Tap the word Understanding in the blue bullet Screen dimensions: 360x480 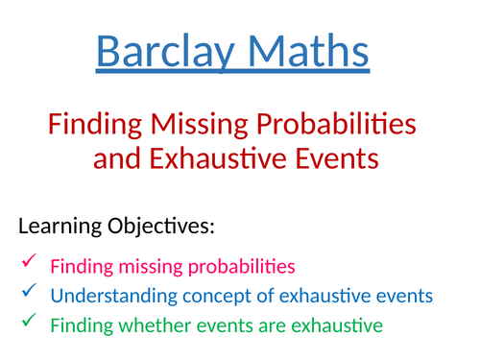[x=107, y=296]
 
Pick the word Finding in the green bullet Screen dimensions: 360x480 [x=81, y=326]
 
